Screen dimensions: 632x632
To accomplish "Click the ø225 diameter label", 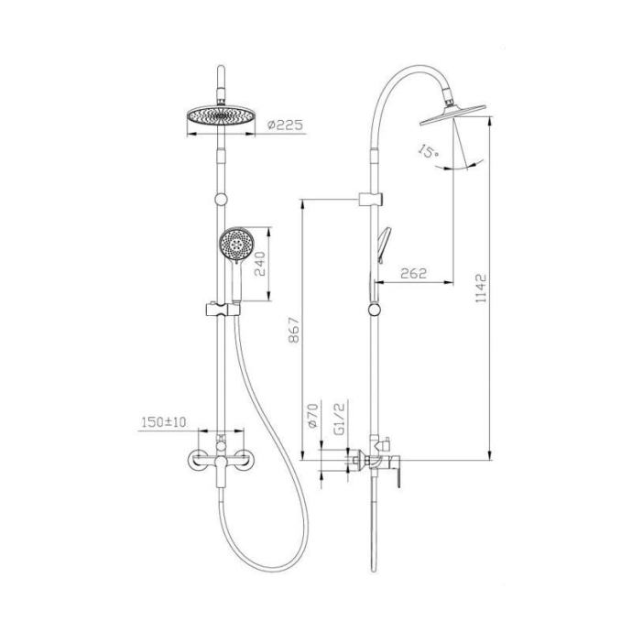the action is tap(285, 125).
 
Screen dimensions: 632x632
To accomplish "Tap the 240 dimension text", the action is tap(260, 264).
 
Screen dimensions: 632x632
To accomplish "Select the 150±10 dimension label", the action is tap(164, 422).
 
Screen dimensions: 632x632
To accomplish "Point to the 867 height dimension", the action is tap(294, 330).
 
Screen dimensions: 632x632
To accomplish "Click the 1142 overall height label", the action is tap(481, 289).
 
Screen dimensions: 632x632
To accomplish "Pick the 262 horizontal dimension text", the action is tap(413, 273).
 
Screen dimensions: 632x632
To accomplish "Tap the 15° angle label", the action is tap(428, 151).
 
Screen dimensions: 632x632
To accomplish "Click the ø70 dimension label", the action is tap(312, 415).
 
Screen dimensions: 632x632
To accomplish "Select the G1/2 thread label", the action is tap(340, 420).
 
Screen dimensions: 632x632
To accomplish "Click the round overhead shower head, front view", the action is tap(221, 116).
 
